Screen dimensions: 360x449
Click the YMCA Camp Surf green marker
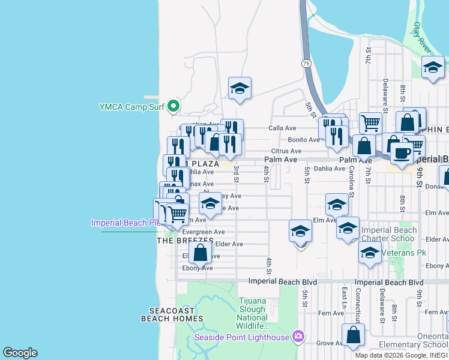coord(173,107)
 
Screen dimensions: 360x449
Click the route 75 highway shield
coord(307,63)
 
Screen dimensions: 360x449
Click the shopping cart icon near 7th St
coord(371,122)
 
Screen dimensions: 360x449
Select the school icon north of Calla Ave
coord(240,89)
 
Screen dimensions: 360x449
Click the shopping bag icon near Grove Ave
coord(353,335)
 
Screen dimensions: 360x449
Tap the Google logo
coord(20,353)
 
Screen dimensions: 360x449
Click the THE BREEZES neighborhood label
coord(185,241)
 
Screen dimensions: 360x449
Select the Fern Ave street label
coord(331,313)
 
